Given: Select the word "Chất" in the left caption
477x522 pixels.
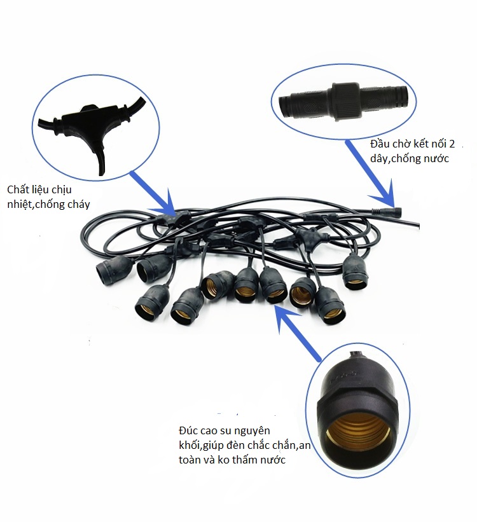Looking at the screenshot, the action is click(x=19, y=189).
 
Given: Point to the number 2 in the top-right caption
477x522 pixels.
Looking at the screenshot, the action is click(x=452, y=144).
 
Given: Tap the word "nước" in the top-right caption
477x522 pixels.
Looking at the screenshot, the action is click(x=436, y=159).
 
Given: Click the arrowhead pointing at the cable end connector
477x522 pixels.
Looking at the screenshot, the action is click(x=387, y=196).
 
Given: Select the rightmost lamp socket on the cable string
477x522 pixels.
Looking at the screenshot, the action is click(x=356, y=272).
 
